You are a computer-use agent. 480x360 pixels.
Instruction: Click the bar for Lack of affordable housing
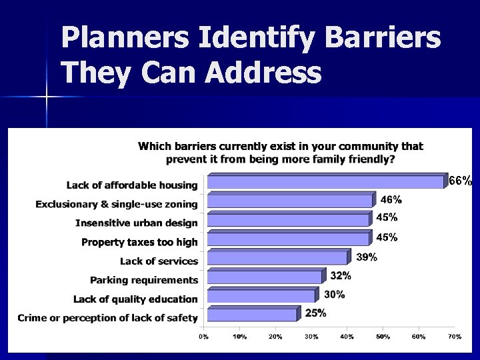(x=325, y=182)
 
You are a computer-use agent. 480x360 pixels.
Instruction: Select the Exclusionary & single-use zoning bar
(x=291, y=201)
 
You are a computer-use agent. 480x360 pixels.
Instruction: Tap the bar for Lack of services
(x=277, y=257)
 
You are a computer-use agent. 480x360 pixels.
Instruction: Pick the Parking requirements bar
(x=264, y=277)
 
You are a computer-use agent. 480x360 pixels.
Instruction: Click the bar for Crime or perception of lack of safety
(x=252, y=315)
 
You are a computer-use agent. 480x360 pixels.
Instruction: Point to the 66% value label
(x=460, y=181)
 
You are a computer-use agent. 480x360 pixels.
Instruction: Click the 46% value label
(x=391, y=199)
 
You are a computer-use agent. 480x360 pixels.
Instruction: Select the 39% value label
(x=366, y=257)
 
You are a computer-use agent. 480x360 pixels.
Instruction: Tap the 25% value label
(x=316, y=313)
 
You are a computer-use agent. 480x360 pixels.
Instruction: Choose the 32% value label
(x=341, y=275)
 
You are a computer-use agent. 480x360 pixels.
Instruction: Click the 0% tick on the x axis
(x=203, y=337)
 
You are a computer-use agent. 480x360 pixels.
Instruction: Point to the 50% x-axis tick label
(x=383, y=337)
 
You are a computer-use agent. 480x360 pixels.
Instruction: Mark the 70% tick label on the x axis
(x=454, y=337)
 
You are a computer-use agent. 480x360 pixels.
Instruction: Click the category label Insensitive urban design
(x=137, y=223)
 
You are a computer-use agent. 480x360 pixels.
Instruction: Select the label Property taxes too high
(x=139, y=242)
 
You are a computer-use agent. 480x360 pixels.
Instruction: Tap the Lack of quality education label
(x=135, y=299)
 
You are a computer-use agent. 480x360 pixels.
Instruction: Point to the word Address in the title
(x=263, y=72)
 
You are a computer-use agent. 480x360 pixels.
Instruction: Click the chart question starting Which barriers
(x=280, y=153)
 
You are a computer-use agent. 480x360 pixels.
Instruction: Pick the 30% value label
(x=334, y=295)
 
